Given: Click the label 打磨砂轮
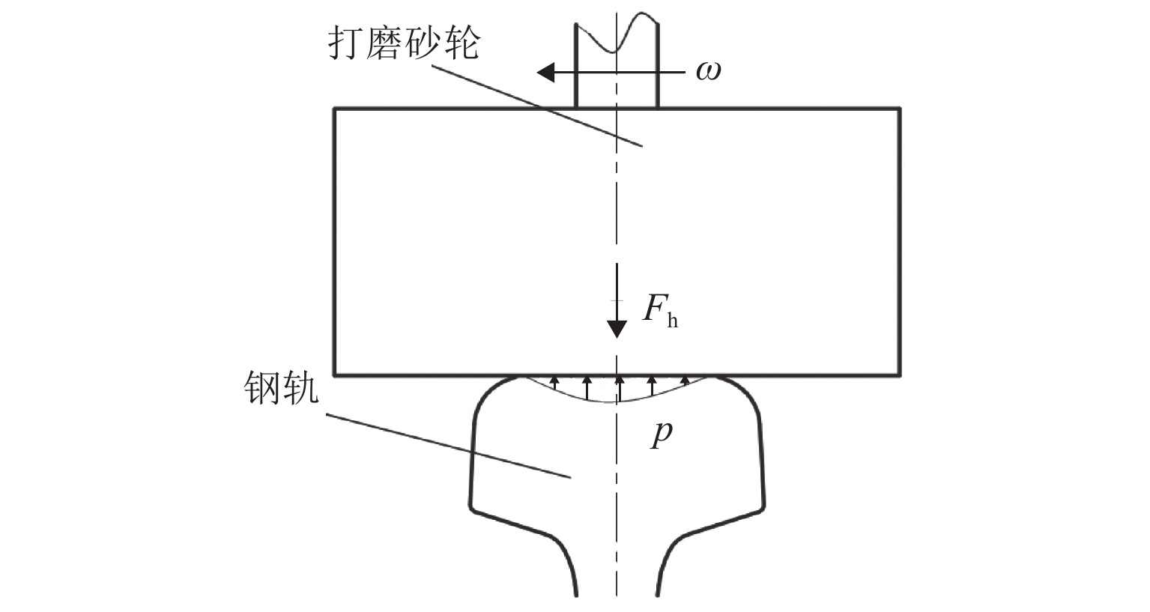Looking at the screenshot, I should pyautogui.click(x=402, y=44).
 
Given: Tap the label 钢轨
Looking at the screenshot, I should pyautogui.click(x=281, y=389).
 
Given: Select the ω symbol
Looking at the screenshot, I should pyautogui.click(x=708, y=72).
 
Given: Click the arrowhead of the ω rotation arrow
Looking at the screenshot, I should pyautogui.click(x=546, y=73).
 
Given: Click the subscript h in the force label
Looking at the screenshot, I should pyautogui.click(x=672, y=321).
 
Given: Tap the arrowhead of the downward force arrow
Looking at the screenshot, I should pyautogui.click(x=617, y=328).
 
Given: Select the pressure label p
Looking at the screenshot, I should pyautogui.click(x=660, y=433).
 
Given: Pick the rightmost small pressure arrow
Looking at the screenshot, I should pyautogui.click(x=684, y=383).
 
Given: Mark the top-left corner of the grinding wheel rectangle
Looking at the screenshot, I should pyautogui.click(x=335, y=109).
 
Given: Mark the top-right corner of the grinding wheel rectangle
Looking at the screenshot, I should pyautogui.click(x=899, y=109).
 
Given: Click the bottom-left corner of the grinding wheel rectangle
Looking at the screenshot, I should pyautogui.click(x=335, y=374).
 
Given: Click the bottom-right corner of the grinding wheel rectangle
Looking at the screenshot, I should pyautogui.click(x=899, y=374).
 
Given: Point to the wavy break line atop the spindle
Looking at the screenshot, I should pyautogui.click(x=616, y=34).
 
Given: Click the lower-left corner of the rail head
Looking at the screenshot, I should pyautogui.click(x=473, y=512).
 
